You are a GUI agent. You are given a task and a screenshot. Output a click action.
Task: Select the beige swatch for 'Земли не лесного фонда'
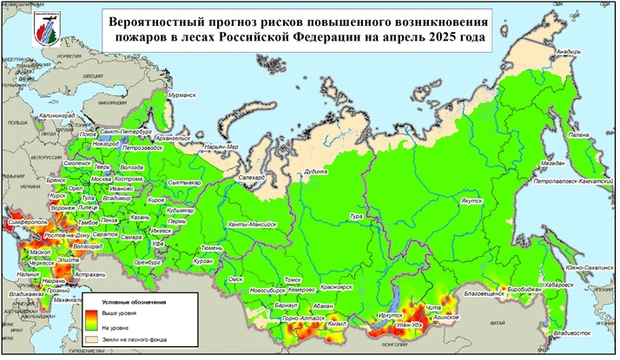pyautogui.click(x=92, y=340)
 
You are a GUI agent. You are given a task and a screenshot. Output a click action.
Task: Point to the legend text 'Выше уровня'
pyautogui.click(x=124, y=311)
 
